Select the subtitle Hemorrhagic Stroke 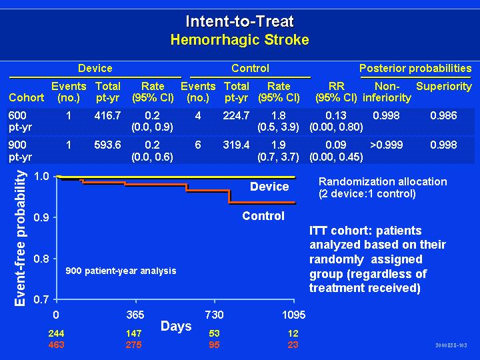click(x=240, y=39)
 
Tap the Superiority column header click(x=443, y=86)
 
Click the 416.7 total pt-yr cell click(x=108, y=116)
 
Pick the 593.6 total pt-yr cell click(x=108, y=145)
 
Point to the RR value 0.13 click(x=336, y=116)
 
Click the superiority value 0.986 click(x=443, y=116)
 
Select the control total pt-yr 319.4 click(x=237, y=145)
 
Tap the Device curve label click(x=269, y=187)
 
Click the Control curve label click(x=263, y=216)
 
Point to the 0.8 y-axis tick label click(x=42, y=259)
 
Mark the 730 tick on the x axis click(x=214, y=314)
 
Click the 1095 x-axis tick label click(x=293, y=314)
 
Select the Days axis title click(x=176, y=326)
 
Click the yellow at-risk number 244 click(x=57, y=333)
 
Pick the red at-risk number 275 click(x=134, y=345)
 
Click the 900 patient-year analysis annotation click(x=121, y=271)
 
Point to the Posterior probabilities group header click(x=415, y=68)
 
